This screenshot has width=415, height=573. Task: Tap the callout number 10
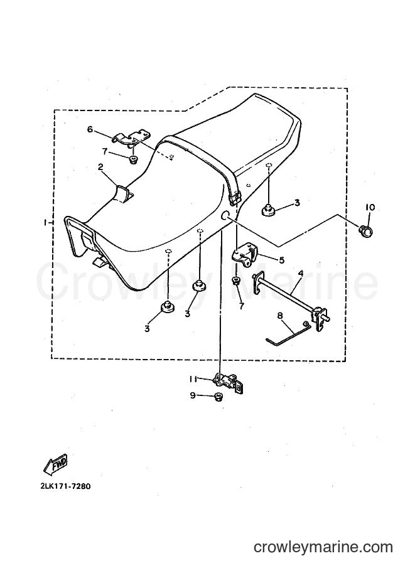click(370, 208)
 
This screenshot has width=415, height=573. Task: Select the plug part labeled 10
click(365, 230)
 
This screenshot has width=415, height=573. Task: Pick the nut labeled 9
click(218, 396)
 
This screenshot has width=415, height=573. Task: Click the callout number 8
click(281, 315)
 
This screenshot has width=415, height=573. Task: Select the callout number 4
click(300, 274)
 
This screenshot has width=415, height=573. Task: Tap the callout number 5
click(281, 260)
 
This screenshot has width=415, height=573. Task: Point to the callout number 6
click(90, 129)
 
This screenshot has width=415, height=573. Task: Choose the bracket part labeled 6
click(132, 139)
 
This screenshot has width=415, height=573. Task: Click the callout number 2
click(100, 167)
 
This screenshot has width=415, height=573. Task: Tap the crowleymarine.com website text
click(323, 547)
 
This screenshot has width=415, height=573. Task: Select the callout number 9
click(193, 395)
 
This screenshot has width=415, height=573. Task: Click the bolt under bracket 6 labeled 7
click(134, 159)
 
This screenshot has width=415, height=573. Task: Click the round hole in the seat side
click(225, 215)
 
